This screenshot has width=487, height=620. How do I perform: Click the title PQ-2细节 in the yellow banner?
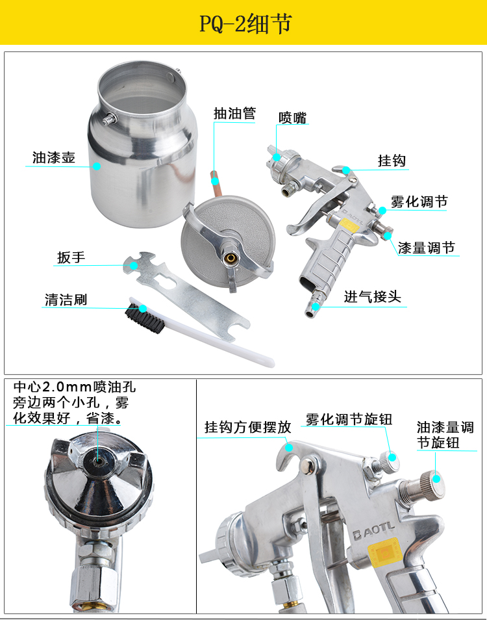pos(245,24)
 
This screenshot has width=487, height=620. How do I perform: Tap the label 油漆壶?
pos(54,157)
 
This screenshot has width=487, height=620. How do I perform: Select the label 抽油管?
pos(234,114)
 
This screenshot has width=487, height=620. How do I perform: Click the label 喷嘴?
pos(292,118)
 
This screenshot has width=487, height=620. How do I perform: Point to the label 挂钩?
pos(392,161)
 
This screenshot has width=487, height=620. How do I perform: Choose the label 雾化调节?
pos(419,201)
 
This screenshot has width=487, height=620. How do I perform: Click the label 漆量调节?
pos(427,248)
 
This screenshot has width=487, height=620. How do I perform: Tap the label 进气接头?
pos(373,296)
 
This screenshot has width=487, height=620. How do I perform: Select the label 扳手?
pos(71,257)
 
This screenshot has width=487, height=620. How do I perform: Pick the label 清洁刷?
pos(66,300)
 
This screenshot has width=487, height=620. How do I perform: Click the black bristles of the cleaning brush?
pos(145,318)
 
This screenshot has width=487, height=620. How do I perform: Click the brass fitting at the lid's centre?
pos(229,258)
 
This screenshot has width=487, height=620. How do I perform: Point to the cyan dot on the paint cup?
pos(97,166)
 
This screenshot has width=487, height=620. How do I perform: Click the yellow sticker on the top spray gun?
pos(348,224)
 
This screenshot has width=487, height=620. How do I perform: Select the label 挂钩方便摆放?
pos(247,427)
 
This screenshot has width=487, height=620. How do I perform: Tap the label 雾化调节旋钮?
pos(349,419)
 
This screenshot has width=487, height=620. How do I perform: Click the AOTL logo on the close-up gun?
pos(373,530)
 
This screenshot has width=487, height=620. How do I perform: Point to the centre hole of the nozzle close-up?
pos(98,461)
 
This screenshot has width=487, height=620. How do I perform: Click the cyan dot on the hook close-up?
pos(289,448)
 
